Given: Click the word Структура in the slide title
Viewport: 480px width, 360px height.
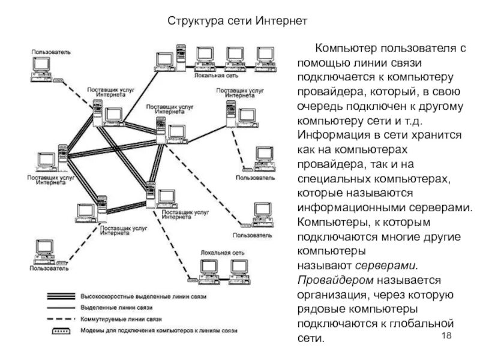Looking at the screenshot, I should [191, 22].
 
